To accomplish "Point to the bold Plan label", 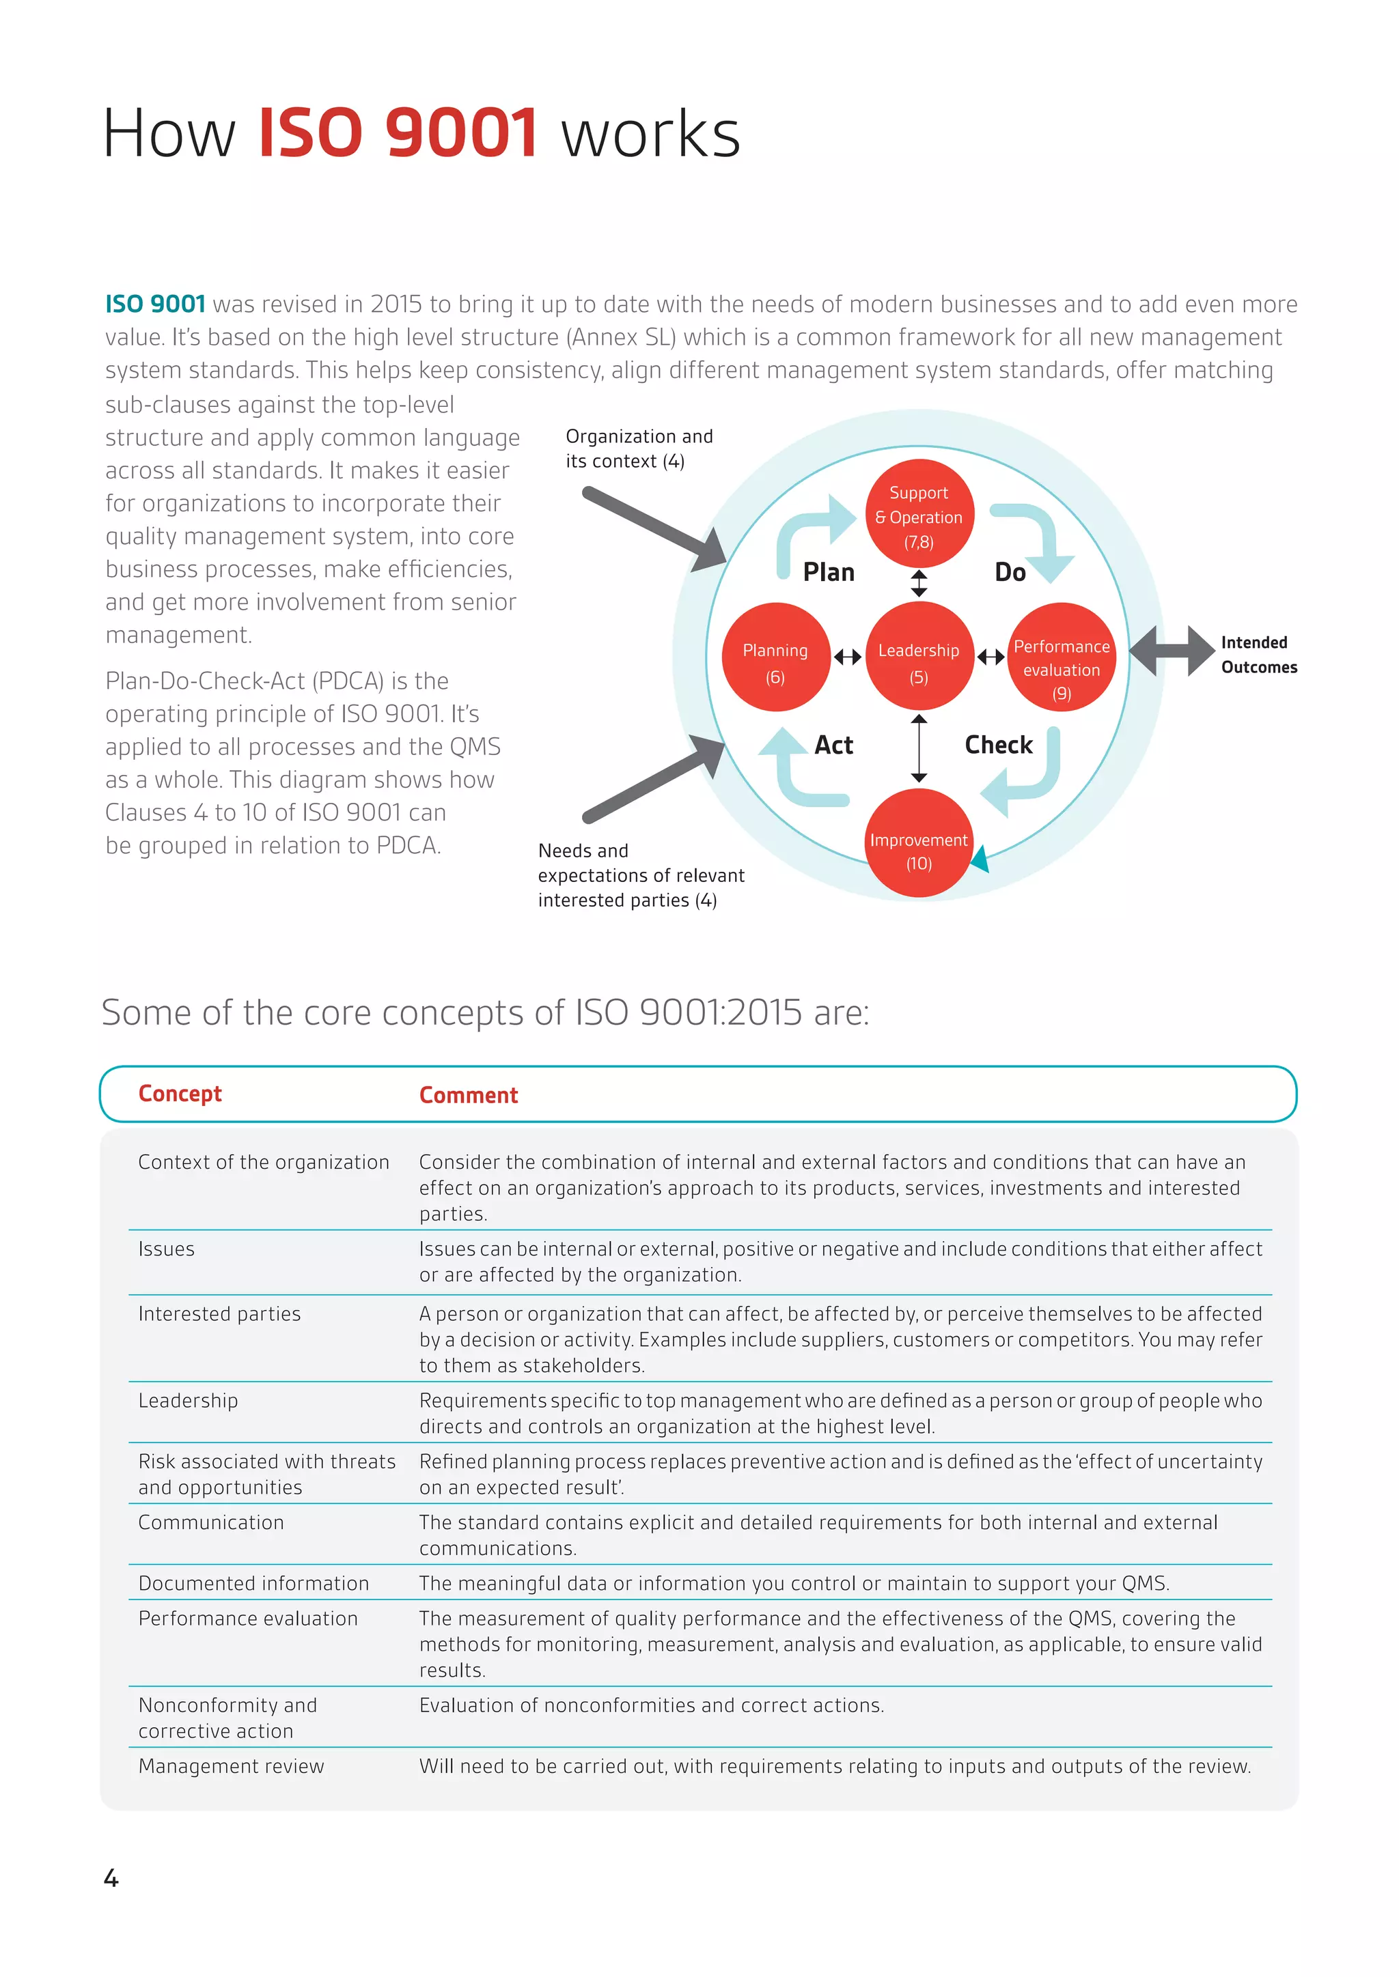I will [x=828, y=573].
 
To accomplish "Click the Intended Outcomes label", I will [x=1258, y=655].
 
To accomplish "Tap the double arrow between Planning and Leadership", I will [x=848, y=657].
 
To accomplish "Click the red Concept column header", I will [x=180, y=1094].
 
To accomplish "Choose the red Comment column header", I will [x=468, y=1095].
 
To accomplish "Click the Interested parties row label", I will [x=220, y=1314].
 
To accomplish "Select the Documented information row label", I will [x=253, y=1584].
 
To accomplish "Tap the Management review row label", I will [x=231, y=1766].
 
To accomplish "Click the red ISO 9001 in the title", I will [x=398, y=134].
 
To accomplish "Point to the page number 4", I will [x=111, y=1878].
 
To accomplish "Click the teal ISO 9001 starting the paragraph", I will [x=155, y=304].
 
